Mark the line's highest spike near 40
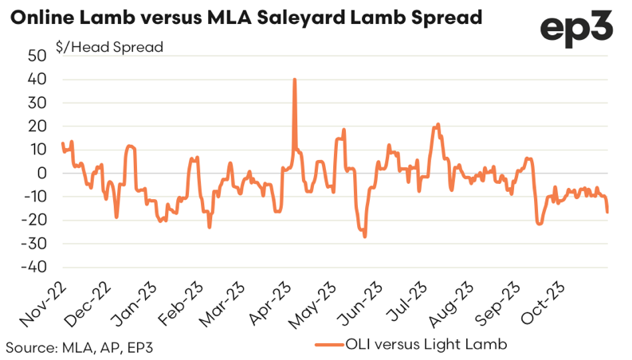point(295,80)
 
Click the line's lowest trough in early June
point(365,237)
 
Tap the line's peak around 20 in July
point(438,124)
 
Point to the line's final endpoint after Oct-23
point(607,212)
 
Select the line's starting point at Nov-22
point(62,143)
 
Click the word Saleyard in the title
point(308,17)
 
